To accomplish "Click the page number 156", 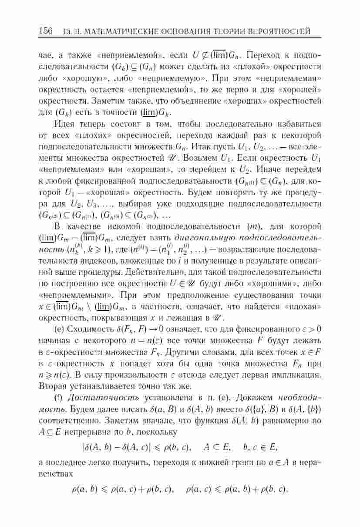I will (46, 31).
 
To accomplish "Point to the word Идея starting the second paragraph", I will (65, 124).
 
